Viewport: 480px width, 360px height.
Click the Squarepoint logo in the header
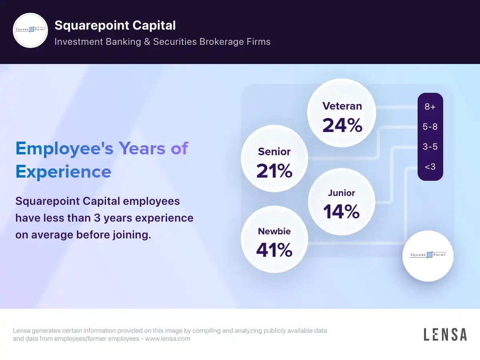pyautogui.click(x=30, y=30)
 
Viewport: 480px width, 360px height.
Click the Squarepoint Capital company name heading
pyautogui.click(x=115, y=26)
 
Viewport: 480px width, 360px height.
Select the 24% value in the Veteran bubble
pyautogui.click(x=342, y=125)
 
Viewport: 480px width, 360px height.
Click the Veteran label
pyautogui.click(x=342, y=106)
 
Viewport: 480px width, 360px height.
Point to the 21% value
pyautogui.click(x=274, y=171)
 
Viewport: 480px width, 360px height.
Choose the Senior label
pyautogui.click(x=274, y=152)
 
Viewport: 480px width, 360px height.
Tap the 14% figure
pyautogui.click(x=341, y=212)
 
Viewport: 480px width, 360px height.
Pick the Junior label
pyautogui.click(x=341, y=193)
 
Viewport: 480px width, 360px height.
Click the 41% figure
pyautogui.click(x=274, y=250)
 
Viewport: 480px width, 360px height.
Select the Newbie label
pyautogui.click(x=274, y=231)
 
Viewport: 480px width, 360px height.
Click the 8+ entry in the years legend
pyautogui.click(x=430, y=107)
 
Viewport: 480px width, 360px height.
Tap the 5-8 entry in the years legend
pyautogui.click(x=430, y=127)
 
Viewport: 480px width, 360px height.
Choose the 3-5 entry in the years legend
pyautogui.click(x=430, y=147)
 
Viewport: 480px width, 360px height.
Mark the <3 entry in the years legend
pyautogui.click(x=430, y=166)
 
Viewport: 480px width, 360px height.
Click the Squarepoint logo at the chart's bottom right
pyautogui.click(x=428, y=255)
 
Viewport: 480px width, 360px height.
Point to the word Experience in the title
pyautogui.click(x=63, y=172)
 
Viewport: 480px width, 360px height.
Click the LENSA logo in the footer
pyautogui.click(x=445, y=334)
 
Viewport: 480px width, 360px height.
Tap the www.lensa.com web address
pyautogui.click(x=168, y=339)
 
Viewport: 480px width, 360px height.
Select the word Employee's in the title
pyautogui.click(x=64, y=148)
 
